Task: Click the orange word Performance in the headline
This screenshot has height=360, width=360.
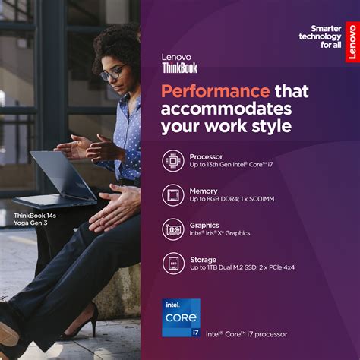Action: (207, 91)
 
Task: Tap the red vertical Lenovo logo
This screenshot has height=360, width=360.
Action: (351, 42)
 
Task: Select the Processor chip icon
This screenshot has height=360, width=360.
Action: (173, 160)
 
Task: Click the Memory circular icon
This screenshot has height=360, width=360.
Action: (173, 194)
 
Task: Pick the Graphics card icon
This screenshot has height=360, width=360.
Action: (173, 229)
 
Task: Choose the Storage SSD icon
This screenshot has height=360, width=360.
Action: (173, 263)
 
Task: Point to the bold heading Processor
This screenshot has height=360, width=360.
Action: (206, 156)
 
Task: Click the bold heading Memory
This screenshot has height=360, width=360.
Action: (204, 191)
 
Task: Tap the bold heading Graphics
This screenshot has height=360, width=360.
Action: (205, 225)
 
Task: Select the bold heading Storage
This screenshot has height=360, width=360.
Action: (204, 258)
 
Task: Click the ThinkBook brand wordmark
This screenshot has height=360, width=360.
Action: (180, 67)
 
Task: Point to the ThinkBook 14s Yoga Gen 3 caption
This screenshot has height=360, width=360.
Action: (34, 219)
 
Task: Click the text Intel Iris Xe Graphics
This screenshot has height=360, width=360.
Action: (220, 233)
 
